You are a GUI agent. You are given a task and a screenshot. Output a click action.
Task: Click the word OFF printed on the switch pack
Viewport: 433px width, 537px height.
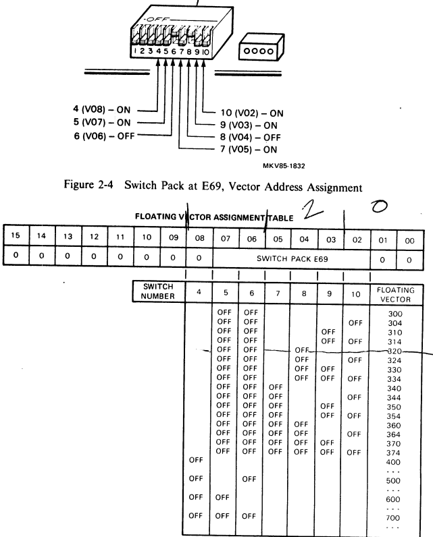click(x=165, y=21)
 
